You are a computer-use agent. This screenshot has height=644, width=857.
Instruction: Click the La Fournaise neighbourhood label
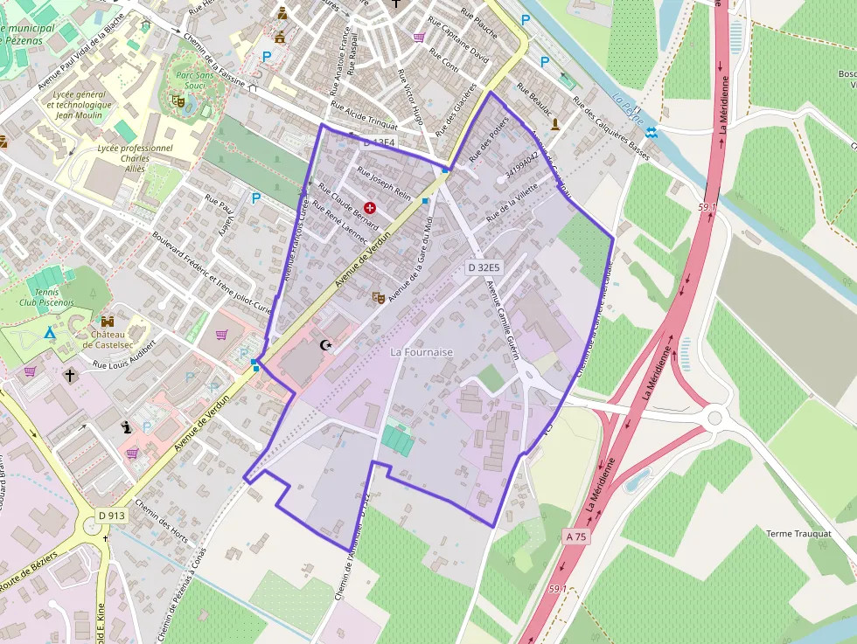click(422, 352)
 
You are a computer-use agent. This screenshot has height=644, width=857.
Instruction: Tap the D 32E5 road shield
click(484, 267)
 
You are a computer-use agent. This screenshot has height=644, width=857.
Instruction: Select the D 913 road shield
click(112, 516)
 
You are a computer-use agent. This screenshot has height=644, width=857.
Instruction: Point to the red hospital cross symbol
click(371, 207)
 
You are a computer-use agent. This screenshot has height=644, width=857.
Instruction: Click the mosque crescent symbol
click(328, 345)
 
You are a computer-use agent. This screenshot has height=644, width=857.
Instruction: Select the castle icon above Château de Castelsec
click(108, 322)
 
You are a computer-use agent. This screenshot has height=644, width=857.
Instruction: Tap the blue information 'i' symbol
click(128, 427)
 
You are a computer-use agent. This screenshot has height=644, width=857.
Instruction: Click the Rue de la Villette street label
click(512, 203)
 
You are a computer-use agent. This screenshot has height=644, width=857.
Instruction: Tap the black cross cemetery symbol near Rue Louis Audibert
click(70, 375)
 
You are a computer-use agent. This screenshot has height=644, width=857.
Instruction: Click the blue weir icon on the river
click(651, 132)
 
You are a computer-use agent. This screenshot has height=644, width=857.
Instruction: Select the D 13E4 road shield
click(380, 142)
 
